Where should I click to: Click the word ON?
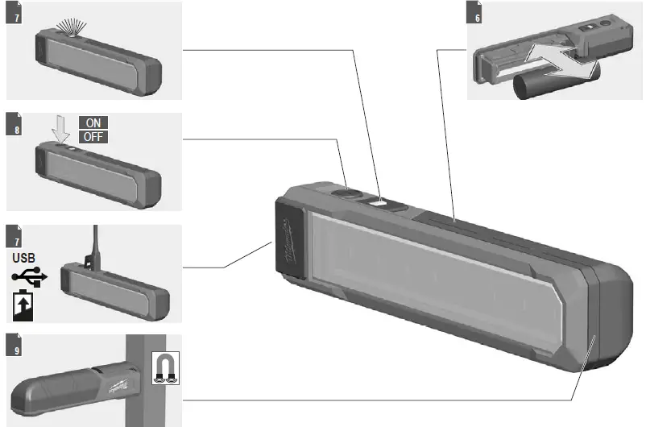click(93, 123)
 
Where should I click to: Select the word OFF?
click(93, 136)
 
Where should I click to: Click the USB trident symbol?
click(30, 277)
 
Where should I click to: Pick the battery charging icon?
click(24, 306)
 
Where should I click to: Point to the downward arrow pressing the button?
click(57, 131)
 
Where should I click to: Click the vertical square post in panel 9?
click(145, 379)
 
